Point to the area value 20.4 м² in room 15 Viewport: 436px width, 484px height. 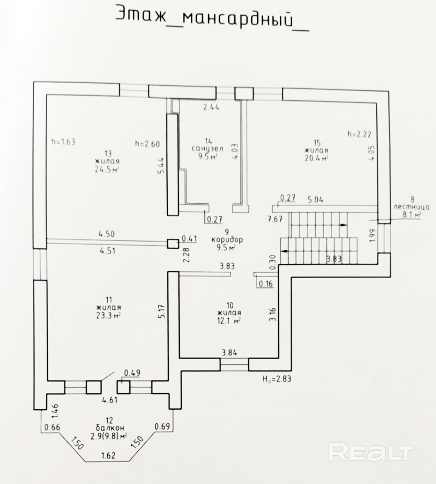(316, 158)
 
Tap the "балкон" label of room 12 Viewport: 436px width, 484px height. (109, 428)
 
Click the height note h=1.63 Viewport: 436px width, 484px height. (64, 141)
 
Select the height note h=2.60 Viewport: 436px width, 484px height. (147, 143)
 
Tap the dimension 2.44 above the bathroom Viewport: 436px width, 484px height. (211, 107)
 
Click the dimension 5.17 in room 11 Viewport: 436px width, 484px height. (163, 312)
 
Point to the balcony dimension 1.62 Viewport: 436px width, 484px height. (109, 456)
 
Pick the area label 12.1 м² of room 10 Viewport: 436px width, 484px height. (229, 320)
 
